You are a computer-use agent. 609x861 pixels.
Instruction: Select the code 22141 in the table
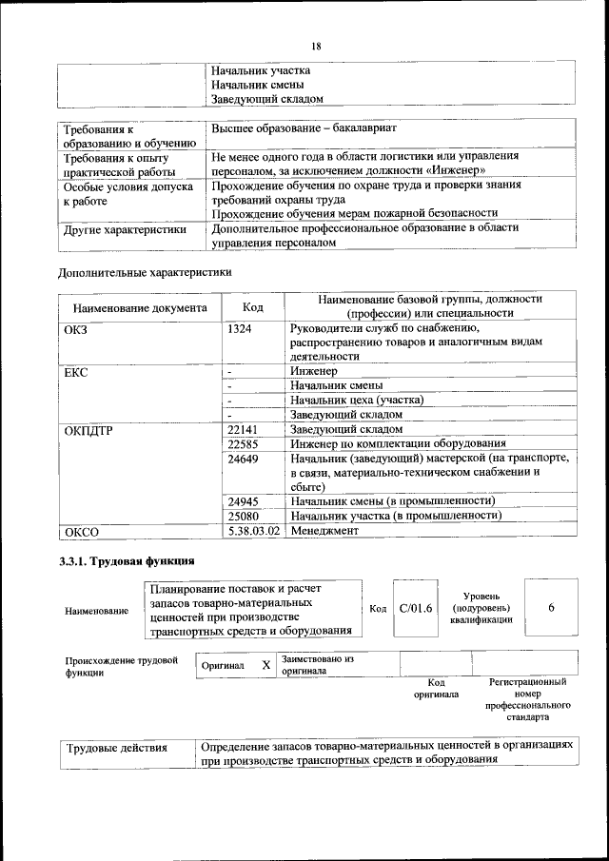244,429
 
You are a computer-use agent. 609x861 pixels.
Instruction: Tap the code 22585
244,443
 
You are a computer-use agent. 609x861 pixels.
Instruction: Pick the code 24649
244,459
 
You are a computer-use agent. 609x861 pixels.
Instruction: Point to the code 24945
244,500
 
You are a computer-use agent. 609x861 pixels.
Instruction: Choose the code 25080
244,515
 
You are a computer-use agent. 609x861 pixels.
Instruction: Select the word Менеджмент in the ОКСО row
325,530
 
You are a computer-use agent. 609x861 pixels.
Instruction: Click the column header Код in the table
253,307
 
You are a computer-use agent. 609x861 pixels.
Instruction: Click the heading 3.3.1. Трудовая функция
128,561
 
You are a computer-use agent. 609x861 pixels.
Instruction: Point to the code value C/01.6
416,608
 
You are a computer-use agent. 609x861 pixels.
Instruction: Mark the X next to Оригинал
266,665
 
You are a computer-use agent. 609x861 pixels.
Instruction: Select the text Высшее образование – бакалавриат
304,127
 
